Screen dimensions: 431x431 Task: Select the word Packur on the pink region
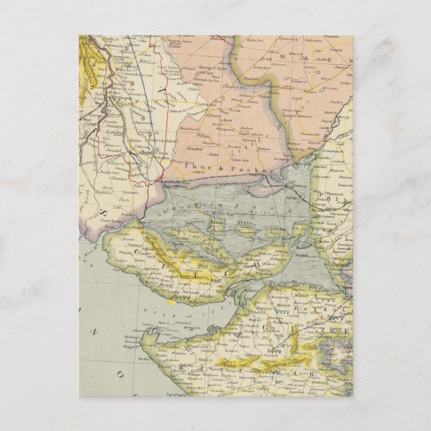point(252,171)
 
